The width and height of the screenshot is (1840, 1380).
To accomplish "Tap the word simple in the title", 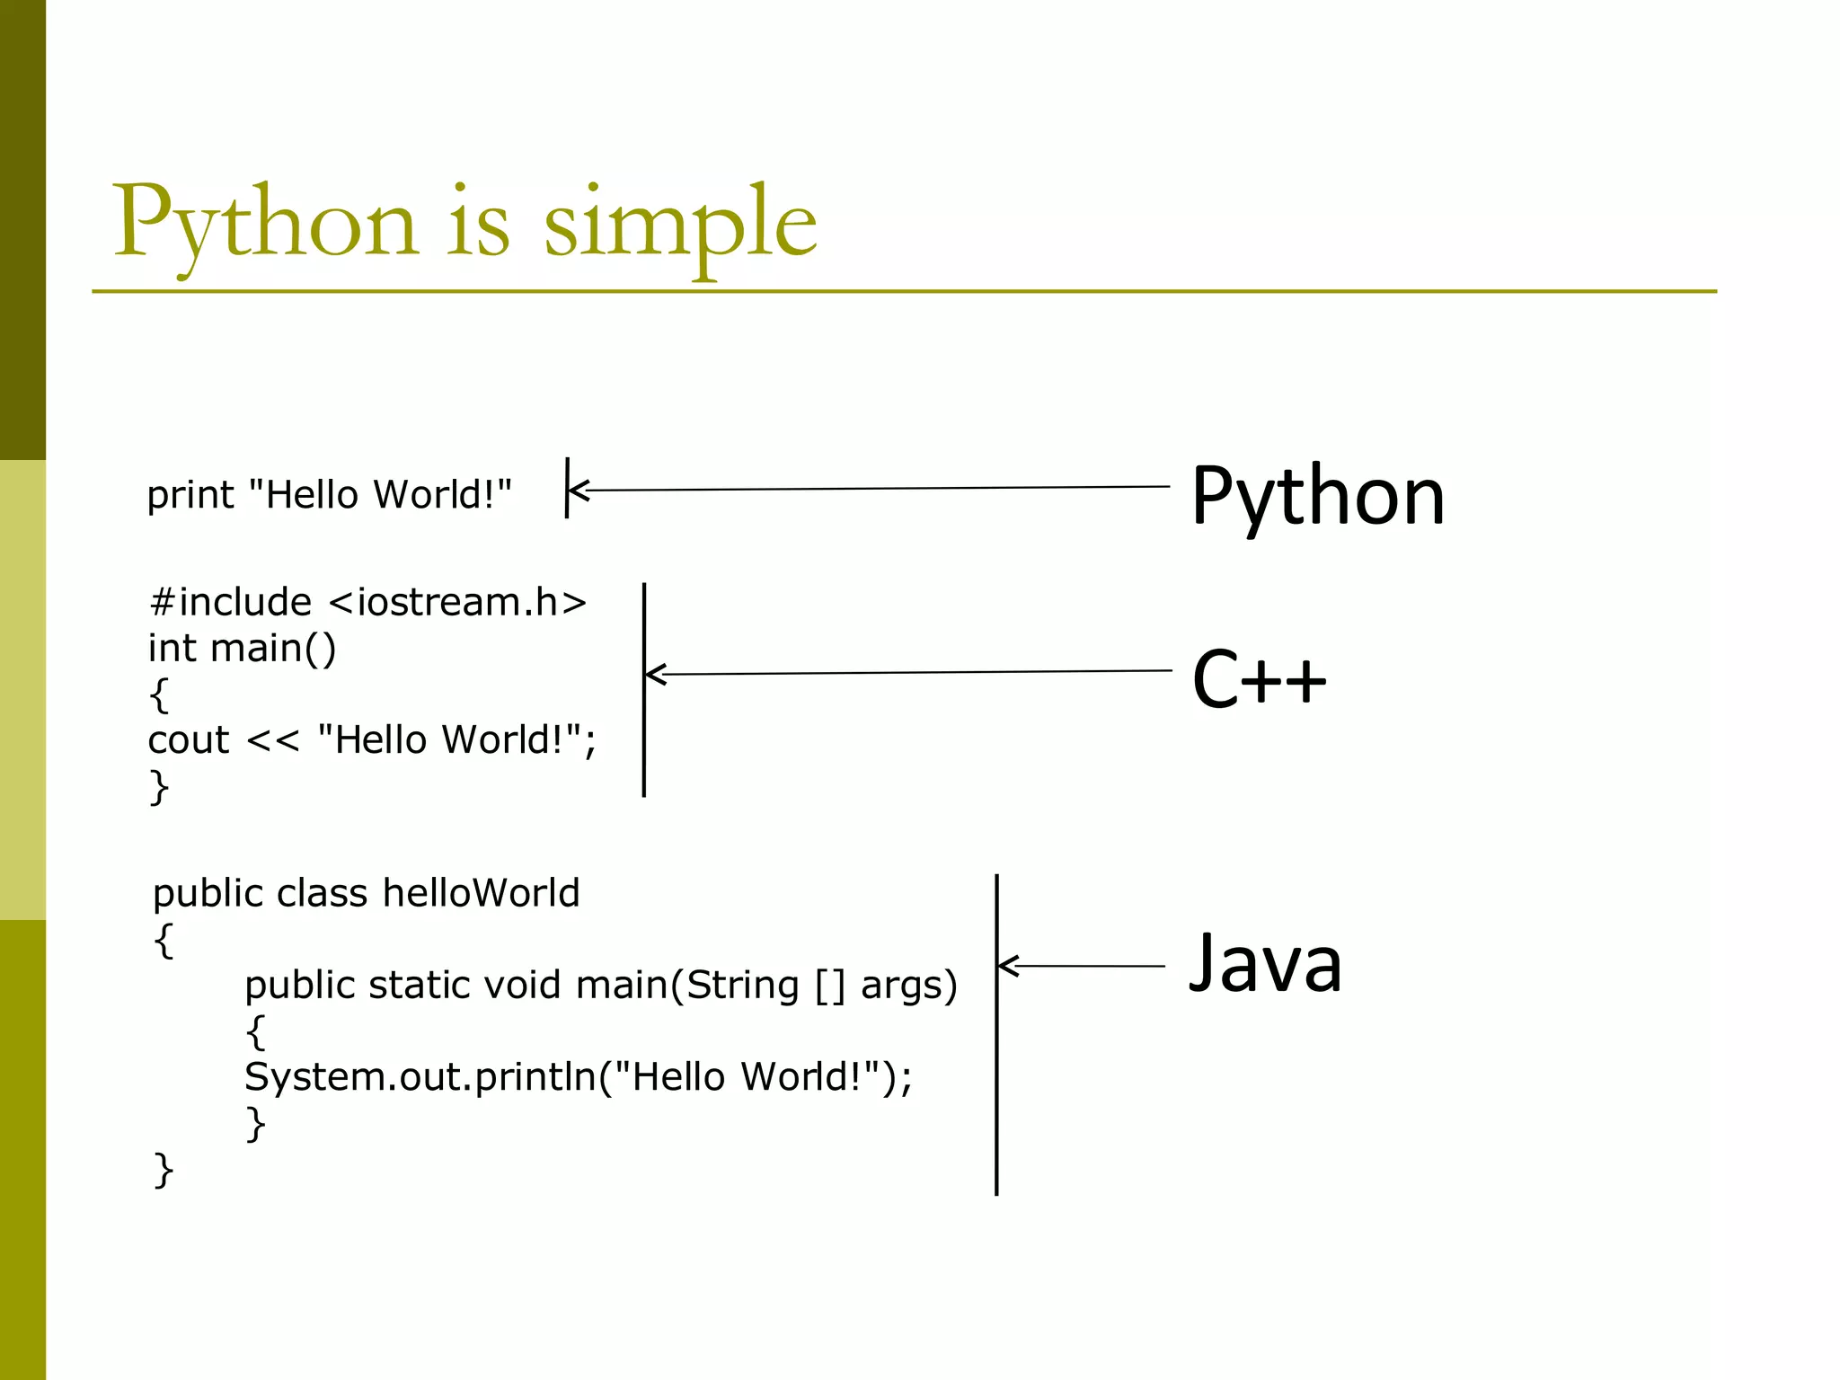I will [680, 225].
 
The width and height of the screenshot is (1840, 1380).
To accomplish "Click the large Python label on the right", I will [1317, 497].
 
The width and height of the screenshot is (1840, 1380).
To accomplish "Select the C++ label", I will [1258, 679].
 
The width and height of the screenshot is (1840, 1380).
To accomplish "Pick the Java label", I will [1265, 963].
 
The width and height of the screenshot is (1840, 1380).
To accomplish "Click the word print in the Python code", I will [190, 496].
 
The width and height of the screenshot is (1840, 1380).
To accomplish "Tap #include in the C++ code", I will [230, 602].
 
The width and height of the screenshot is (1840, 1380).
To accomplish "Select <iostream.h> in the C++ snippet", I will [457, 602].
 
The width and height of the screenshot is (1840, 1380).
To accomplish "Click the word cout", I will [189, 740].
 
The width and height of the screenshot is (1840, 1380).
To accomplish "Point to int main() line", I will [242, 649].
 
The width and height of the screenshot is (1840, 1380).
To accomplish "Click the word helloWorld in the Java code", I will [481, 894].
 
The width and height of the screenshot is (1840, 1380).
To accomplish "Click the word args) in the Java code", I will [908, 986].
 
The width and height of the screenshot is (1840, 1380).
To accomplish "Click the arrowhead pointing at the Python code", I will [577, 491].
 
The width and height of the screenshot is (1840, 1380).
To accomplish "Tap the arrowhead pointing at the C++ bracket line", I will [654, 674].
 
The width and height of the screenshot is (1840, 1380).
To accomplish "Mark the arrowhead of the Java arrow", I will [1007, 966].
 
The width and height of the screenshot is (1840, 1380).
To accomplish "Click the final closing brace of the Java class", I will [164, 1171].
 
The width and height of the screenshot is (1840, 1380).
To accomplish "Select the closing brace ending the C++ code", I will [158, 787].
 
